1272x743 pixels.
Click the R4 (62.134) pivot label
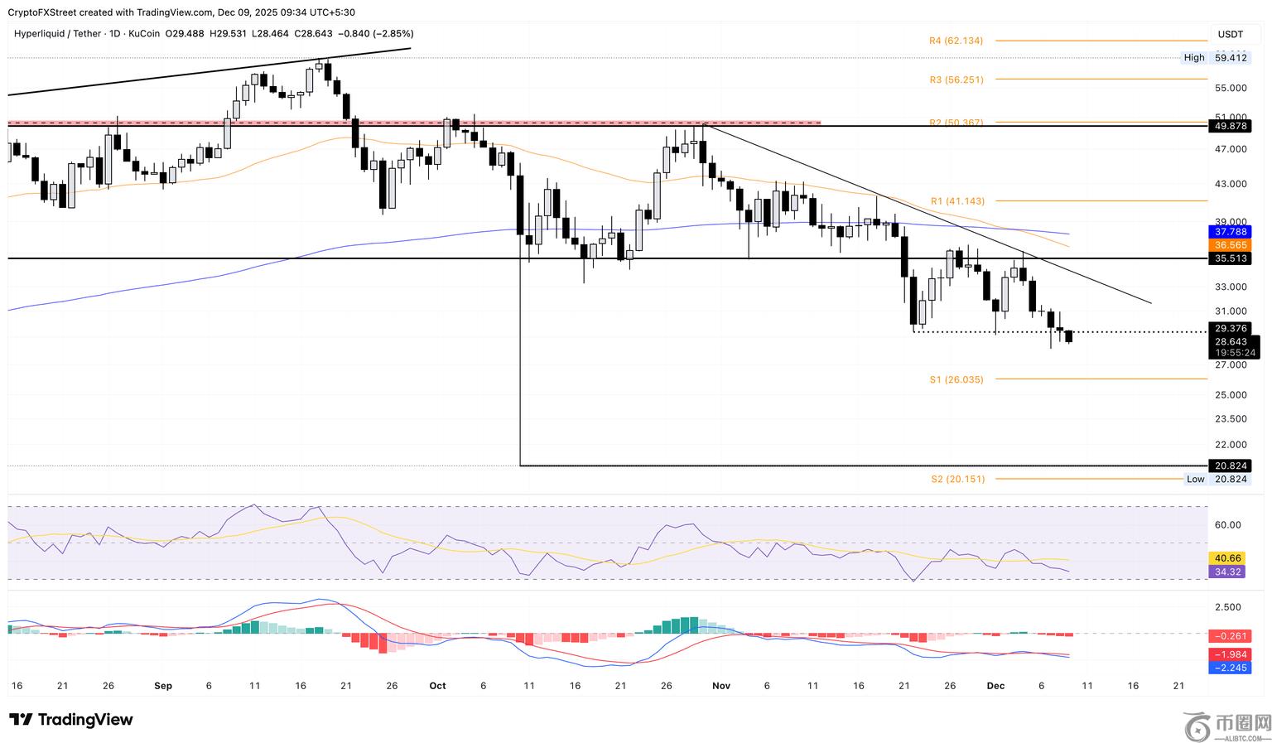point(956,41)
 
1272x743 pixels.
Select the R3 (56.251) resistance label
point(956,80)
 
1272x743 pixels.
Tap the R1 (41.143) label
point(957,201)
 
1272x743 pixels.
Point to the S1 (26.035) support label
point(956,379)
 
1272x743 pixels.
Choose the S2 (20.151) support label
point(957,479)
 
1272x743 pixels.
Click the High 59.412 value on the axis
point(1231,58)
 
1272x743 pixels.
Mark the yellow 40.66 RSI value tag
point(1226,558)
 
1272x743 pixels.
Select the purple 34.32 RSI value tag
point(1226,572)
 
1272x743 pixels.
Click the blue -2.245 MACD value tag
point(1230,668)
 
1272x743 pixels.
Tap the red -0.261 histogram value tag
point(1230,636)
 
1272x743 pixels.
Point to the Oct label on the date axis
point(437,686)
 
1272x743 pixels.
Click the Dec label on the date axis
point(995,686)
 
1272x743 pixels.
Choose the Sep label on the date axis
point(163,686)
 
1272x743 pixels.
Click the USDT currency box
point(1230,34)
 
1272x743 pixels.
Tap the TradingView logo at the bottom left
point(71,720)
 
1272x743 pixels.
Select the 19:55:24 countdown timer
point(1235,353)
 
